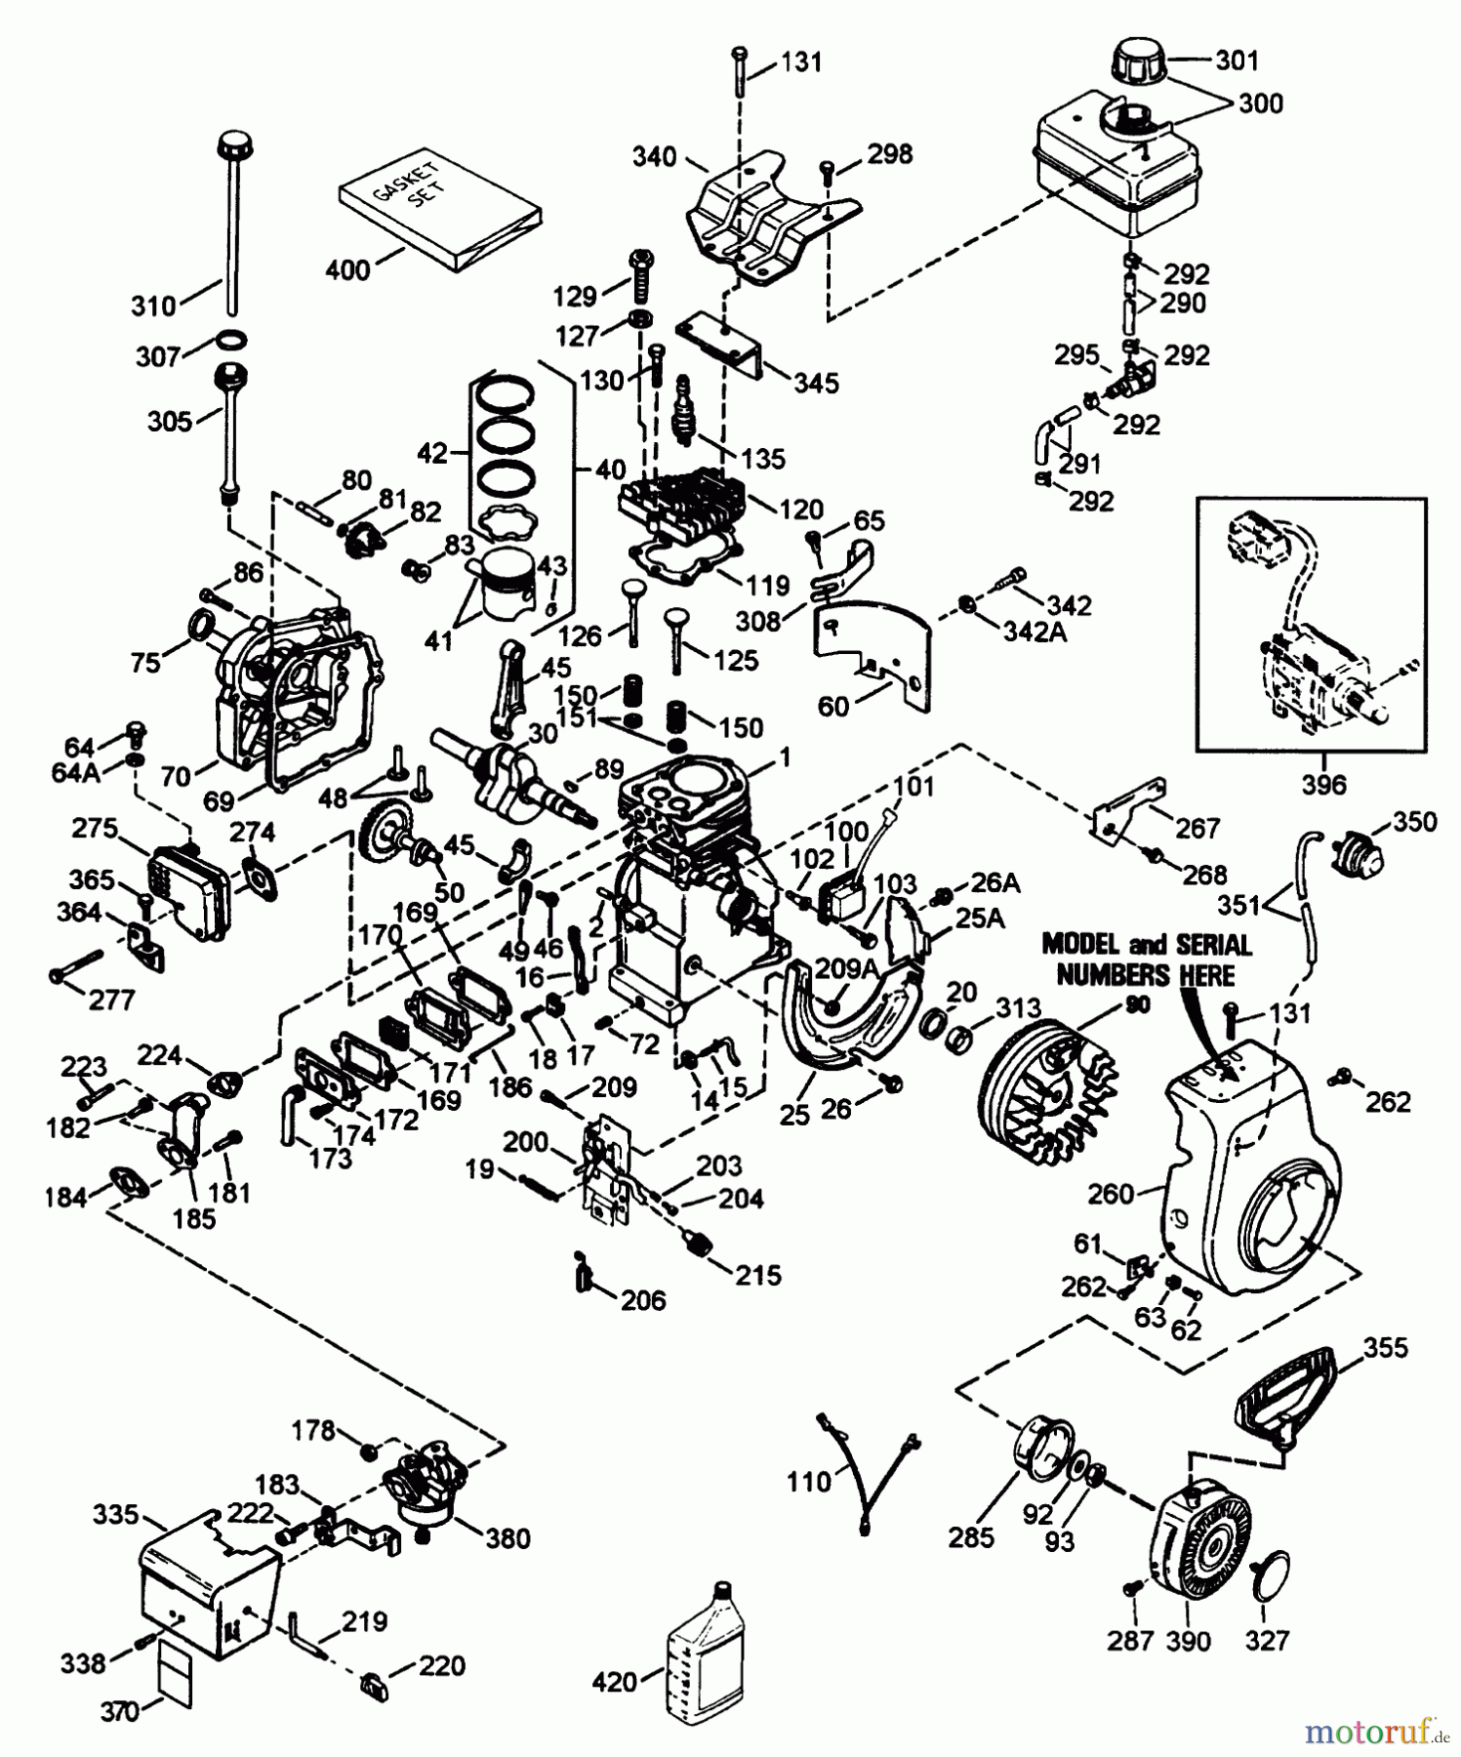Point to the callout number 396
(x=1322, y=784)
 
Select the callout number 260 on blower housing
(x=1111, y=1193)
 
